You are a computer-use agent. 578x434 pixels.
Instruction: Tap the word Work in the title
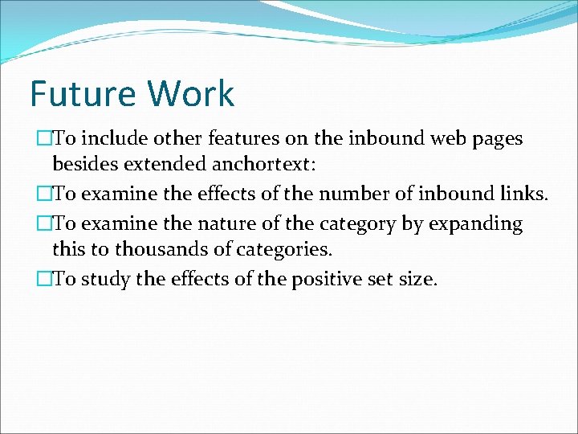point(190,94)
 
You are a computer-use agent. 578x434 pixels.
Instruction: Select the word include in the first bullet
point(109,139)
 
